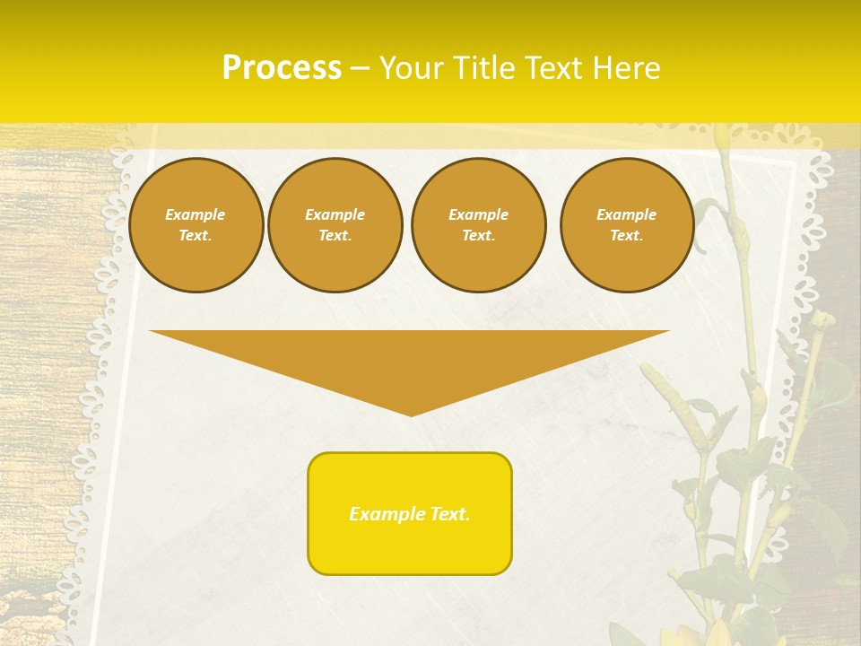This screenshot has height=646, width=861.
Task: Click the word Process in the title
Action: (x=282, y=68)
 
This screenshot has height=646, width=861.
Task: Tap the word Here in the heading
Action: (x=624, y=68)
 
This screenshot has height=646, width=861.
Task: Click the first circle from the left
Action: (x=196, y=225)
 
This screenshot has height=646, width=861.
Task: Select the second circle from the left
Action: (x=335, y=225)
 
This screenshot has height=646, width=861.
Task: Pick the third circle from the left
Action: (x=478, y=225)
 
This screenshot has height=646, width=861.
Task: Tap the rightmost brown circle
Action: (x=626, y=225)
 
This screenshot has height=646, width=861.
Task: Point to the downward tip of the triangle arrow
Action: (x=411, y=414)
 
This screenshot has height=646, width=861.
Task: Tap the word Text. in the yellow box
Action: (x=450, y=514)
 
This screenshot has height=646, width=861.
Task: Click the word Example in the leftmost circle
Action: (x=196, y=214)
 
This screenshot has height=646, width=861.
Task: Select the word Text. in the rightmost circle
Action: (x=626, y=236)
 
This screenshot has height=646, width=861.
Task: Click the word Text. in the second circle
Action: (x=335, y=236)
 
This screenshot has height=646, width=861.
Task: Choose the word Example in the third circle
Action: (x=478, y=214)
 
